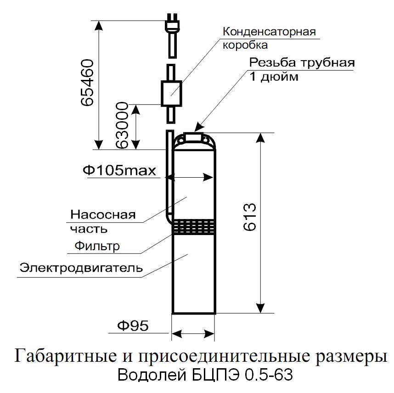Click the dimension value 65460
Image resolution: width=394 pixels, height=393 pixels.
coord(88,83)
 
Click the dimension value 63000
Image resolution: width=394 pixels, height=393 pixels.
coord(122,125)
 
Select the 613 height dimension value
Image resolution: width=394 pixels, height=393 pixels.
coord(250,217)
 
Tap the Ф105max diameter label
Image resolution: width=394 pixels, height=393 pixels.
coord(119,171)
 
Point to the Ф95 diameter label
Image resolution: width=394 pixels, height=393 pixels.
coord(133,326)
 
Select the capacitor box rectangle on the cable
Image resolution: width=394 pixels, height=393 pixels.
coord(171,93)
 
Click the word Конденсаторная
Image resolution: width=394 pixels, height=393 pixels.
coord(269,32)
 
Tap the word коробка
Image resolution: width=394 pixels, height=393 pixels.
coord(245,45)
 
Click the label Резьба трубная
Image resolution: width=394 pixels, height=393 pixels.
coord(302,63)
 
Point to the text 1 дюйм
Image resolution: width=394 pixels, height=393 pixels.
coord(274,77)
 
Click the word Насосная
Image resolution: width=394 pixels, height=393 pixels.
coord(103,215)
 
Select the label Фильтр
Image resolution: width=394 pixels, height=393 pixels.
coord(97,246)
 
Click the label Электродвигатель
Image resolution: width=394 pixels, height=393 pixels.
coord(81,268)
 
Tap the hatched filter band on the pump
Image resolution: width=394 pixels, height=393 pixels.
coord(193,227)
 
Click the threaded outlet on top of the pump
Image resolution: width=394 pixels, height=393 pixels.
coord(193,136)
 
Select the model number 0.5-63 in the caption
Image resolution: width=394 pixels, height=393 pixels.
coord(269,375)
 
